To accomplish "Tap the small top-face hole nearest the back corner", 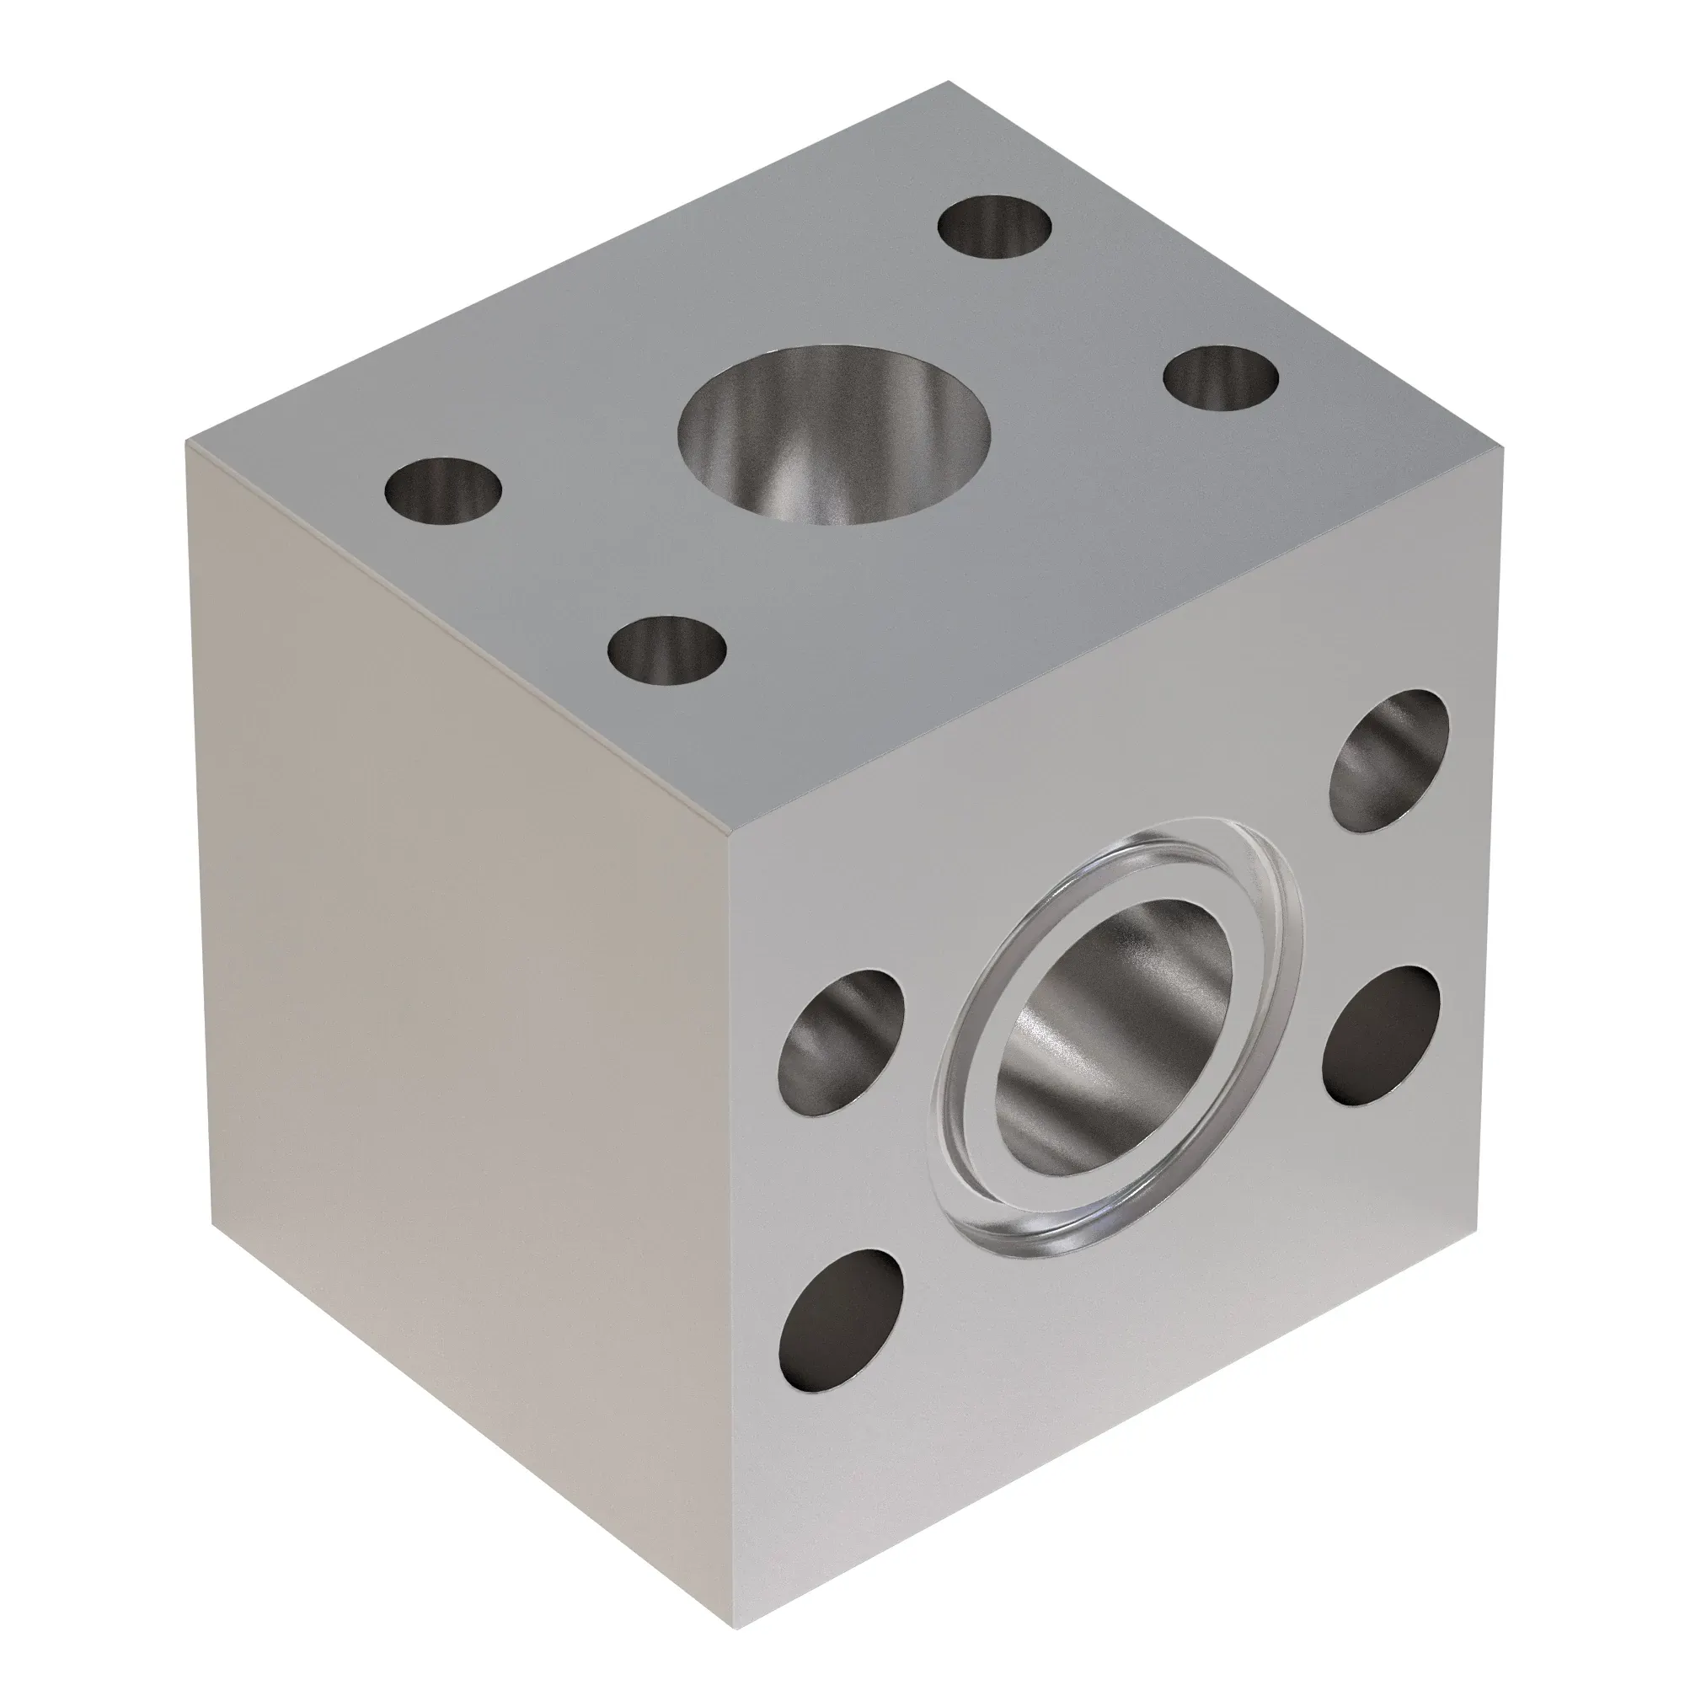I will tap(994, 227).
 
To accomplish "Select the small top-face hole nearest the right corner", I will tap(1221, 380).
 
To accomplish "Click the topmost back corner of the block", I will tap(949, 83).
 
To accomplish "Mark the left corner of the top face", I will tap(187, 442).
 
